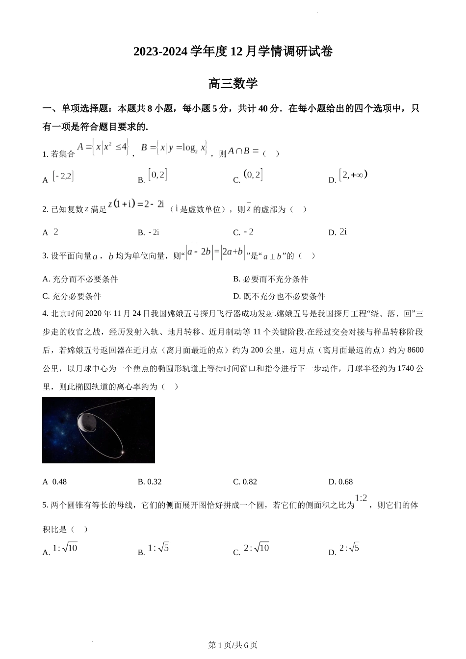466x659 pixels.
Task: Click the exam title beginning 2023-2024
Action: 233,51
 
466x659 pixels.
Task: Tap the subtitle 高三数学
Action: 233,83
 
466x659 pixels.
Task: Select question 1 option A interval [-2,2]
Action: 63,176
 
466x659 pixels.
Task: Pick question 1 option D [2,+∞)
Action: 353,175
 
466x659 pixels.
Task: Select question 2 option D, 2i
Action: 343,232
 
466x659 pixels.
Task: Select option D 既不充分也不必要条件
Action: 279,296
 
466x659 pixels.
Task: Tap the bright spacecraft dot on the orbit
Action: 123,452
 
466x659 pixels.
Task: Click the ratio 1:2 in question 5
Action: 361,498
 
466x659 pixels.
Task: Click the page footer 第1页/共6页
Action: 233,645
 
